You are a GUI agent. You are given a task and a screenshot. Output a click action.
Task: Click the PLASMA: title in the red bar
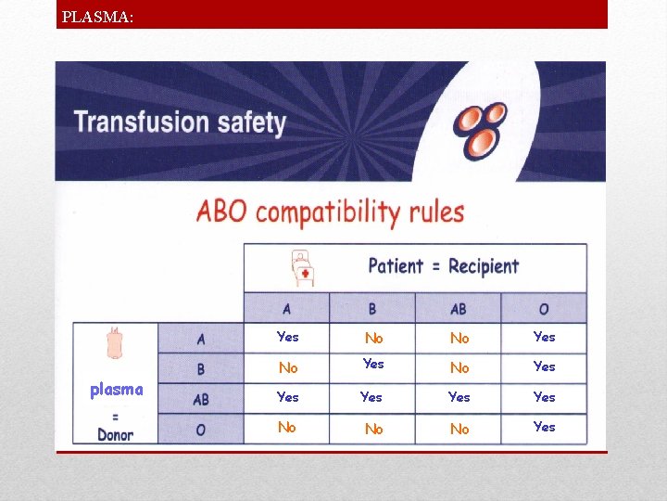[97, 16]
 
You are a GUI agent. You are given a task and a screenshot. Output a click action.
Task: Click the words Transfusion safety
[180, 122]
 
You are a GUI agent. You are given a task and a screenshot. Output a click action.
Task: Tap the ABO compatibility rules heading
[330, 211]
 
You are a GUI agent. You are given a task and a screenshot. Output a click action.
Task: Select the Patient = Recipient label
[444, 266]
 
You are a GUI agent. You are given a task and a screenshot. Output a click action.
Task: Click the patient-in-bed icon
[302, 267]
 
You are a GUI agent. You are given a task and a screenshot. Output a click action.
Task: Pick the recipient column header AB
[458, 309]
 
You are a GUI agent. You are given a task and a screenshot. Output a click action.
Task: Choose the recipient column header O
[544, 309]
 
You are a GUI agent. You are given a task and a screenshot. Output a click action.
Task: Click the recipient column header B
[372, 309]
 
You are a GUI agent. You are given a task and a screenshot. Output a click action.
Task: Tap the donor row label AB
[201, 400]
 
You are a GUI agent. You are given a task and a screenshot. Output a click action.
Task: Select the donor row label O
[201, 429]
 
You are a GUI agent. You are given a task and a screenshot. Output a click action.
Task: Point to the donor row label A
[201, 340]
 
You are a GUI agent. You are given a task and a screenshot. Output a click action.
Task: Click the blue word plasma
[117, 390]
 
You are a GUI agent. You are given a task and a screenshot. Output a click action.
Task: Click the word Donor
[116, 434]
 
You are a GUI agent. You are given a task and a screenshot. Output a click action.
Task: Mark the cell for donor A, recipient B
[373, 339]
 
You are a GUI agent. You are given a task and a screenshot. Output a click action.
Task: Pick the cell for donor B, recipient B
[373, 365]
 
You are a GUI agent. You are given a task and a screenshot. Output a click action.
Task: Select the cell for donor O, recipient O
[545, 427]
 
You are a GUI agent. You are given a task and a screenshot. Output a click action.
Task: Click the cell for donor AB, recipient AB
[459, 397]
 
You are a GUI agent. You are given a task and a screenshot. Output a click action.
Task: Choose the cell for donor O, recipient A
[287, 428]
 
